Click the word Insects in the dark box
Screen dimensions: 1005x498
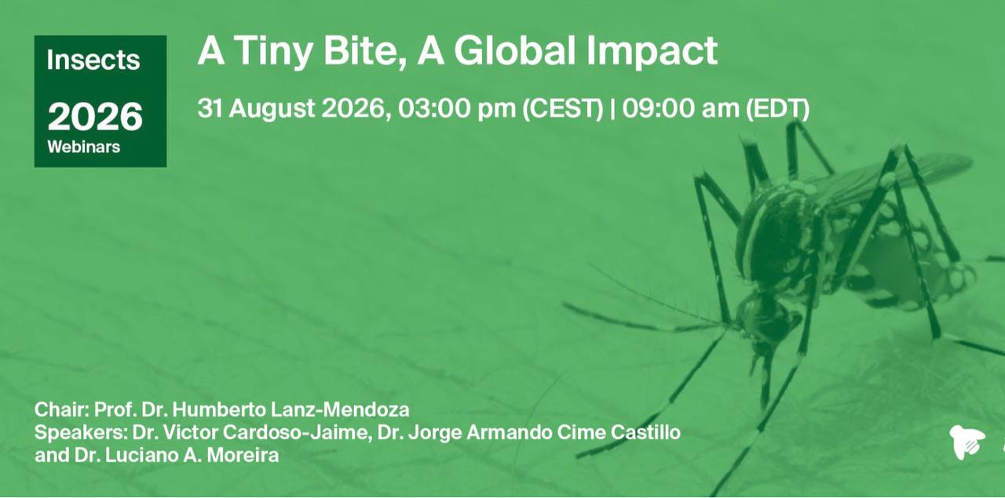[x=93, y=60]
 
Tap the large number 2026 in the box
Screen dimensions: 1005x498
[x=95, y=117]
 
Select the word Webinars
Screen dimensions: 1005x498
[x=84, y=147]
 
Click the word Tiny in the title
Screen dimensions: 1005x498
[x=272, y=52]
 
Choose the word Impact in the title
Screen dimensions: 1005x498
[x=652, y=52]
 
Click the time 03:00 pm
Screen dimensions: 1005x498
[x=457, y=108]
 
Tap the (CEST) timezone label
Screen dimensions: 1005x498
[x=563, y=109]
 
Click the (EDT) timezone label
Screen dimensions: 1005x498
[x=777, y=109]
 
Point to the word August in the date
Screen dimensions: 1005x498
[x=272, y=109]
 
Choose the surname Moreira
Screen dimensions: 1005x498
[x=243, y=456]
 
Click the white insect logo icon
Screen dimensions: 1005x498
[x=967, y=442]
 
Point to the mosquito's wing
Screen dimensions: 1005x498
[x=893, y=180]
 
